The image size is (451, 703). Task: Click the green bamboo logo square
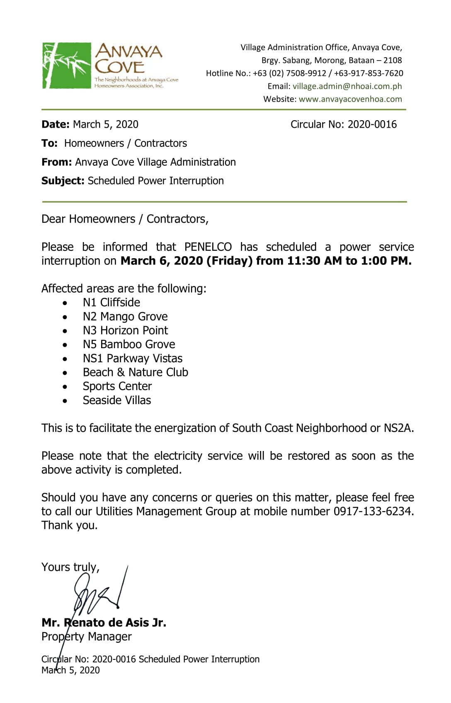[66, 65]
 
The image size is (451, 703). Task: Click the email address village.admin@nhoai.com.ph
[347, 86]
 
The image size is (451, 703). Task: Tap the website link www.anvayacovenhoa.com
[350, 99]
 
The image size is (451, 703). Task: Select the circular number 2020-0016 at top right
[372, 124]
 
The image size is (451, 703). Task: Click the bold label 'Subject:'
[63, 181]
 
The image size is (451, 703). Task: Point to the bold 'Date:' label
[56, 124]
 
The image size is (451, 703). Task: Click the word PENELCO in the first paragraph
[208, 247]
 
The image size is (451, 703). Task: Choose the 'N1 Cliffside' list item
[111, 303]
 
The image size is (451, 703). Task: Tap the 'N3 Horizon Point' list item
[125, 330]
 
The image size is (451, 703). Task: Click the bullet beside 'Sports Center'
[65, 387]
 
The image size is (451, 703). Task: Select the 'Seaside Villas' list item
[117, 400]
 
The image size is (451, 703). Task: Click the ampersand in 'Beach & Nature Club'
[121, 372]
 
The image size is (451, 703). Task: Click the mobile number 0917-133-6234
[373, 511]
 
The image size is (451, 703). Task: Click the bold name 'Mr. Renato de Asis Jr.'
[104, 623]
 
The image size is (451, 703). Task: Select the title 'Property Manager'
[86, 637]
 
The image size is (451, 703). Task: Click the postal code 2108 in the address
[393, 61]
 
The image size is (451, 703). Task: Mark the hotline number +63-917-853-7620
[369, 73]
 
